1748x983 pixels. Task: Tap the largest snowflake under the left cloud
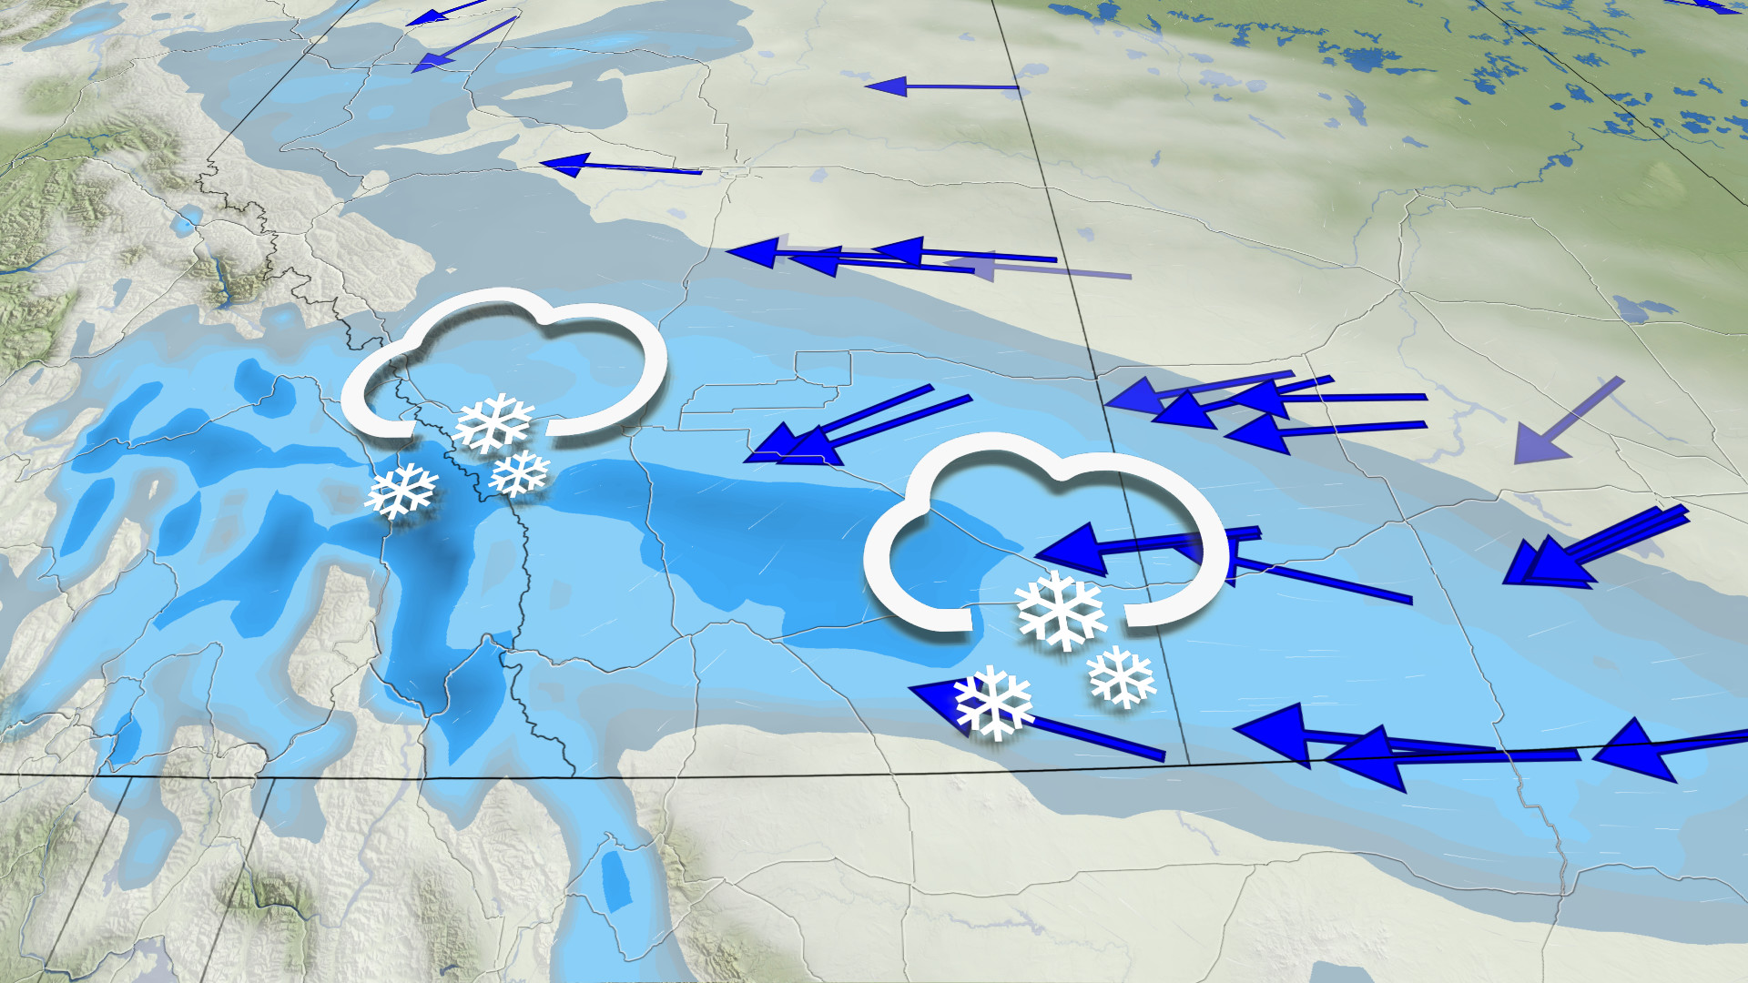tap(493, 422)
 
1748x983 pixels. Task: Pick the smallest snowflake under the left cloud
tap(519, 473)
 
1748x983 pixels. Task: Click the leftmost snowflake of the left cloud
tap(401, 491)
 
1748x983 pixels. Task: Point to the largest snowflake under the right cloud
tap(1061, 609)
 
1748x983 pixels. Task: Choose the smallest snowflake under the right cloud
tap(1121, 676)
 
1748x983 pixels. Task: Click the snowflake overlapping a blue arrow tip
tap(992, 702)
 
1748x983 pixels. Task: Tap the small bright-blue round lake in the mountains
tap(189, 218)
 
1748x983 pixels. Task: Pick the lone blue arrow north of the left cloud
tap(619, 167)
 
